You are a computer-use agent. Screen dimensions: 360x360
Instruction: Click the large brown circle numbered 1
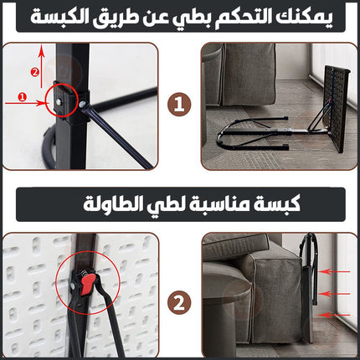tap(179, 105)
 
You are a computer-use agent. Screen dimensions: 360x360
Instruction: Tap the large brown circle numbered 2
tap(179, 303)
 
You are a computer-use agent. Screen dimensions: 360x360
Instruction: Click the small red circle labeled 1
tap(22, 97)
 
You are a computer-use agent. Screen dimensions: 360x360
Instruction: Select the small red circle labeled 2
tap(35, 73)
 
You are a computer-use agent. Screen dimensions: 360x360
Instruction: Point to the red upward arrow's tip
tap(41, 44)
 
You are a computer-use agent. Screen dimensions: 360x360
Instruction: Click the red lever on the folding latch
tap(87, 285)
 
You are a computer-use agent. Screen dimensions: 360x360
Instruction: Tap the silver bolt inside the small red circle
tap(59, 102)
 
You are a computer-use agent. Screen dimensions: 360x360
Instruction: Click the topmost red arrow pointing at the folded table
tap(334, 271)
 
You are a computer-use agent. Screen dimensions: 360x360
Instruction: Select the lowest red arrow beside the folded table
tap(334, 315)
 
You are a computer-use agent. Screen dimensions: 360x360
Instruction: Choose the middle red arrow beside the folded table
tap(334, 294)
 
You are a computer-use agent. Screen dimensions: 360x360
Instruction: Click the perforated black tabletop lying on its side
tap(337, 109)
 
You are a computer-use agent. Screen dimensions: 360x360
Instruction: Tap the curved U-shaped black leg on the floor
tap(220, 136)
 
